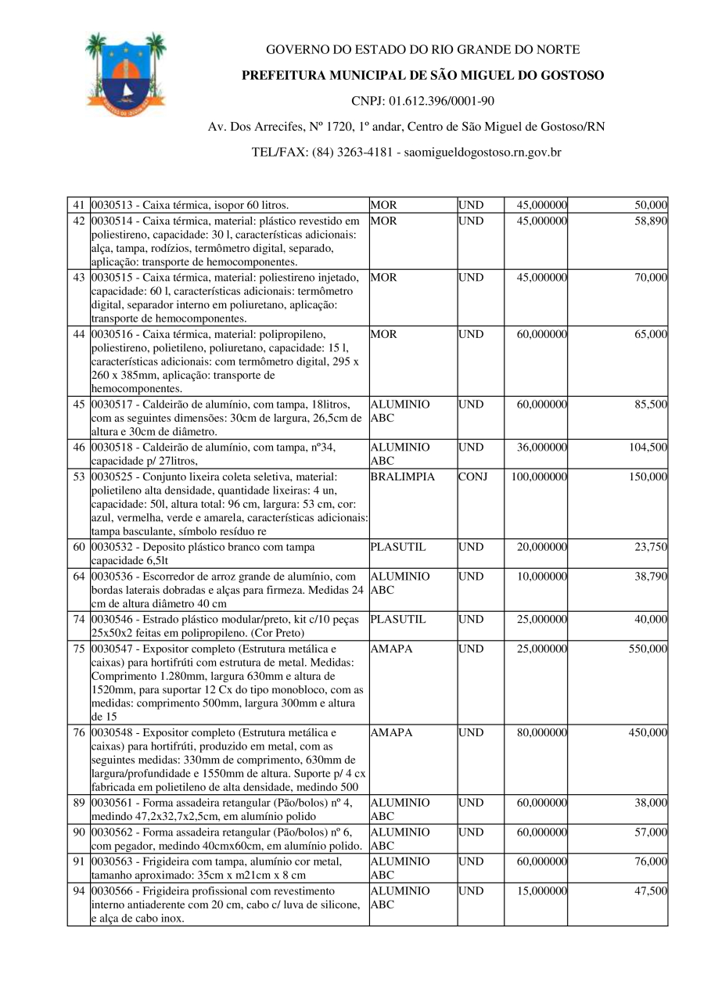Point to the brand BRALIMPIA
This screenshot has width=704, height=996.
[x=402, y=476]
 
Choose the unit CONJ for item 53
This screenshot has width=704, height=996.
[x=472, y=476]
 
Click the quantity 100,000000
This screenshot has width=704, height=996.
[x=539, y=476]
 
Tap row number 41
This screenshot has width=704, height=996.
[x=78, y=205]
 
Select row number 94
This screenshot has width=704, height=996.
[x=78, y=891]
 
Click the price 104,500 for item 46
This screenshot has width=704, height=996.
[x=648, y=448]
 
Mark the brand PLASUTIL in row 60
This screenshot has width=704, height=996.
[x=398, y=548]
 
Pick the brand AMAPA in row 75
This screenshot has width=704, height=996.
[x=391, y=649]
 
